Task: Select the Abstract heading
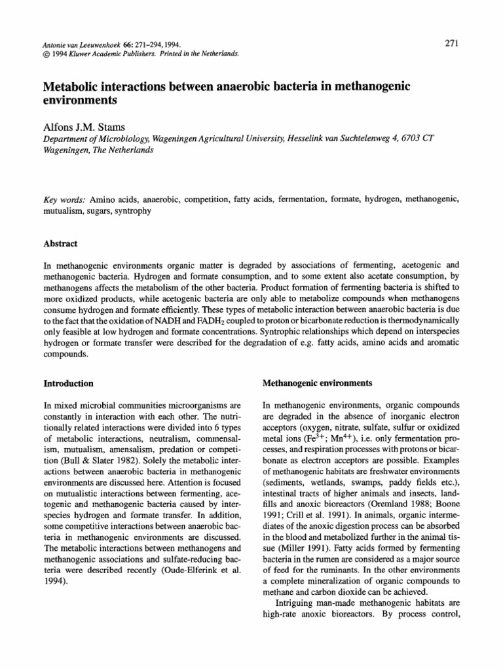coord(60,243)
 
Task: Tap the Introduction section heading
coord(67,383)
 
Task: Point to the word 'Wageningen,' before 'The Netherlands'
coord(67,149)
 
